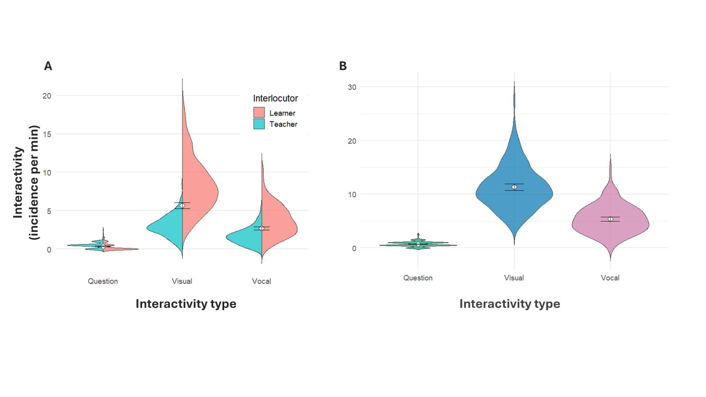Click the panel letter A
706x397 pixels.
[48, 66]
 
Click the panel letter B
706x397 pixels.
[343, 66]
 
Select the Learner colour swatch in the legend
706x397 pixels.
[259, 112]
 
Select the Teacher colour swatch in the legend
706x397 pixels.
[259, 124]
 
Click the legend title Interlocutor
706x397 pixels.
[275, 98]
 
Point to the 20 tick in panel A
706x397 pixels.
[47, 96]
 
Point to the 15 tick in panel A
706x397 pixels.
[47, 134]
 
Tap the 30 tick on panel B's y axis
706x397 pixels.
[352, 87]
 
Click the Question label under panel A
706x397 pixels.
[103, 281]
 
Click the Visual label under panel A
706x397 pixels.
[182, 281]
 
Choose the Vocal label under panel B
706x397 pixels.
[610, 278]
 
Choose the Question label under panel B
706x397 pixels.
[418, 278]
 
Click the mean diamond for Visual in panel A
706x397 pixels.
[182, 206]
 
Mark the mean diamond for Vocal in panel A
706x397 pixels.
[262, 228]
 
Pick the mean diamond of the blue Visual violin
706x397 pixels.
[514, 187]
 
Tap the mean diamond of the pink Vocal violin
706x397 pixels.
[611, 219]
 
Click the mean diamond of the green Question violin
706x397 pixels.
[418, 244]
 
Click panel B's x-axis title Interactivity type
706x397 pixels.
[510, 304]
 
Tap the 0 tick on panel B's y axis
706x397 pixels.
[354, 248]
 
